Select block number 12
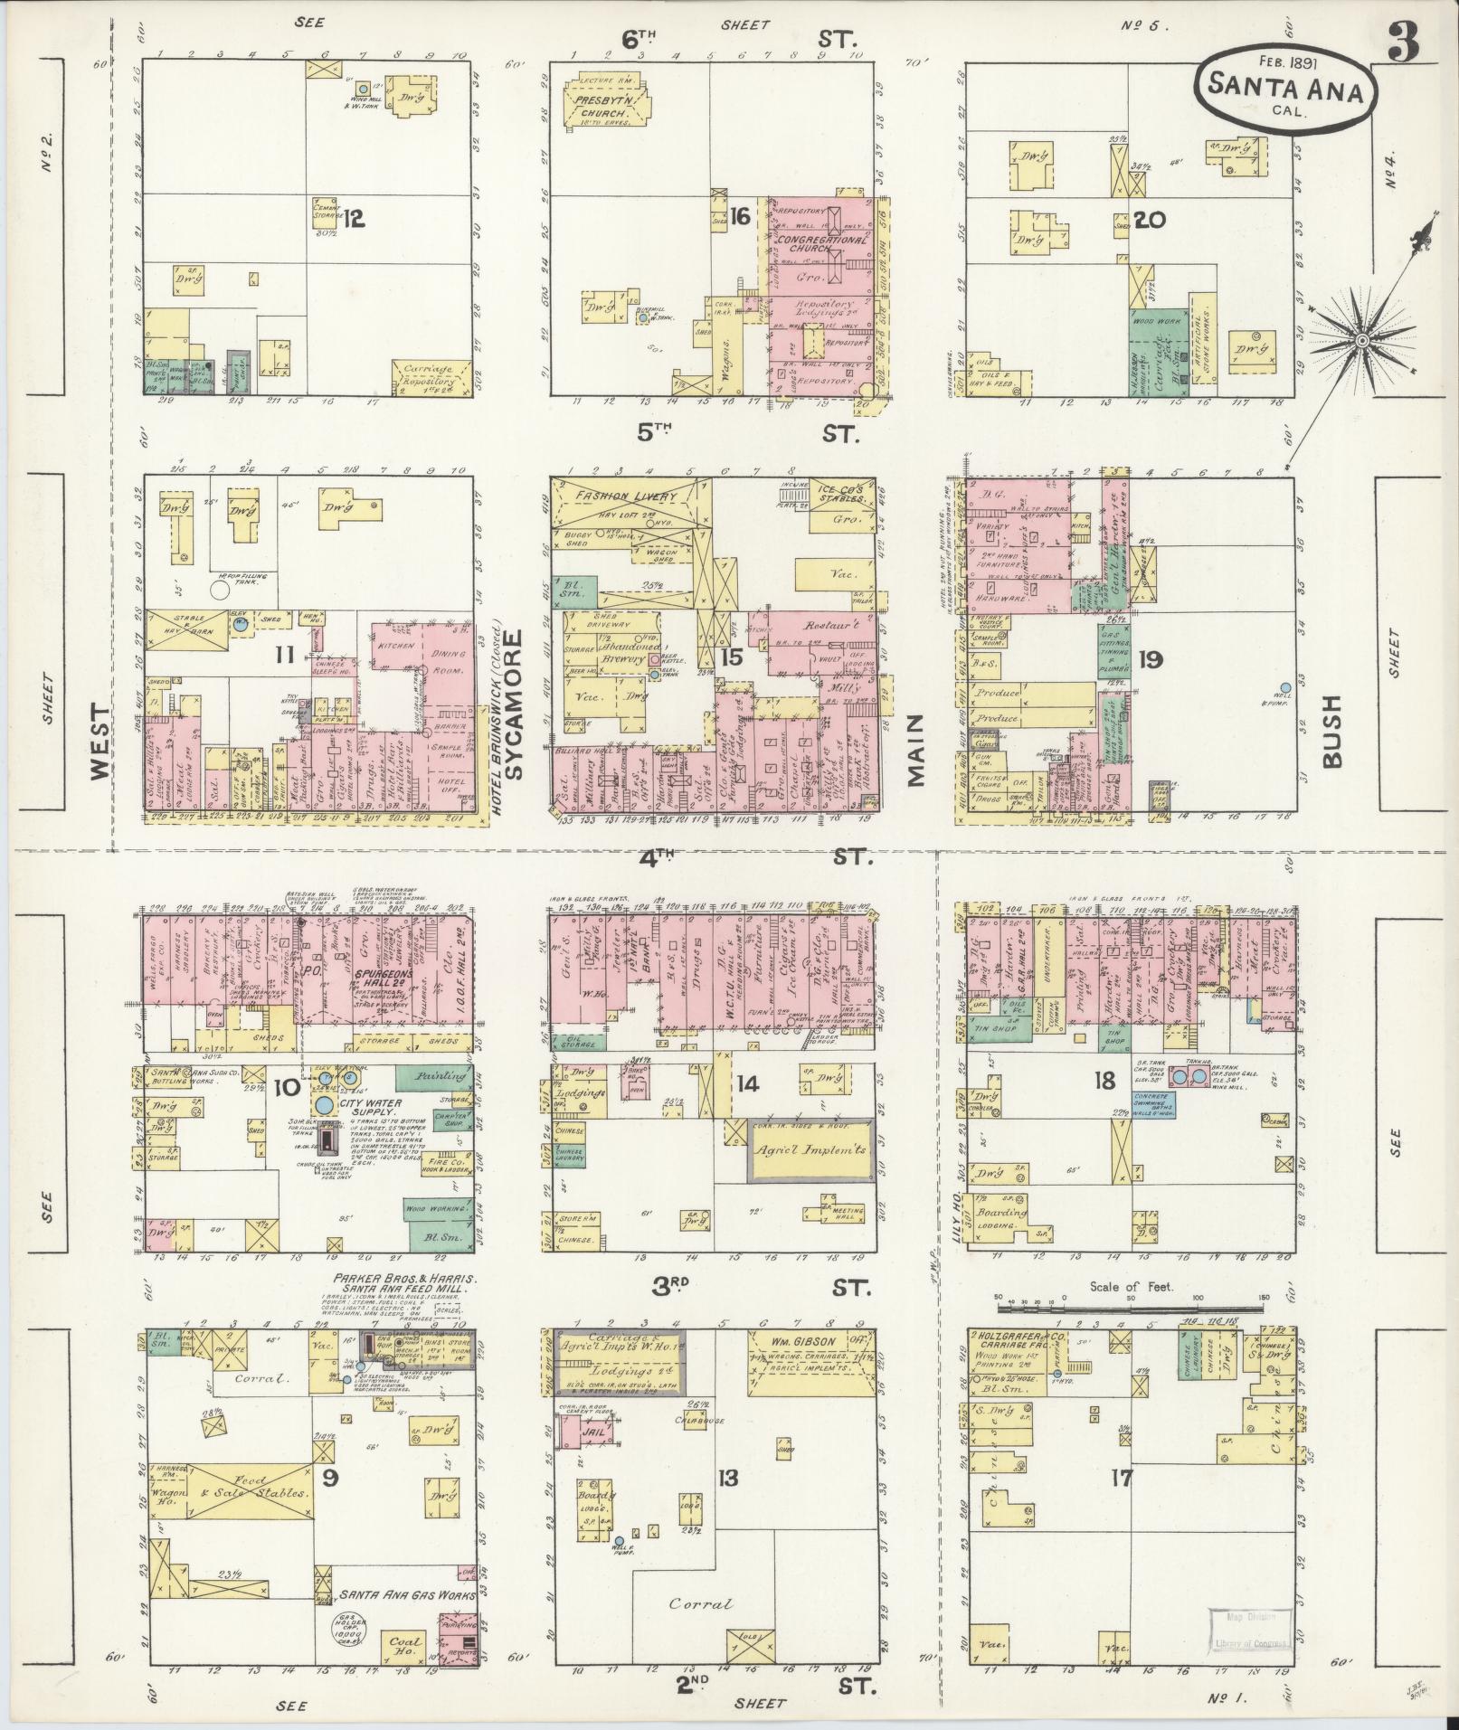(x=353, y=218)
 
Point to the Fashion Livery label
(x=624, y=496)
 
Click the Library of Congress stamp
(x=1247, y=1628)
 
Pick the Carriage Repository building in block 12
(x=432, y=375)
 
